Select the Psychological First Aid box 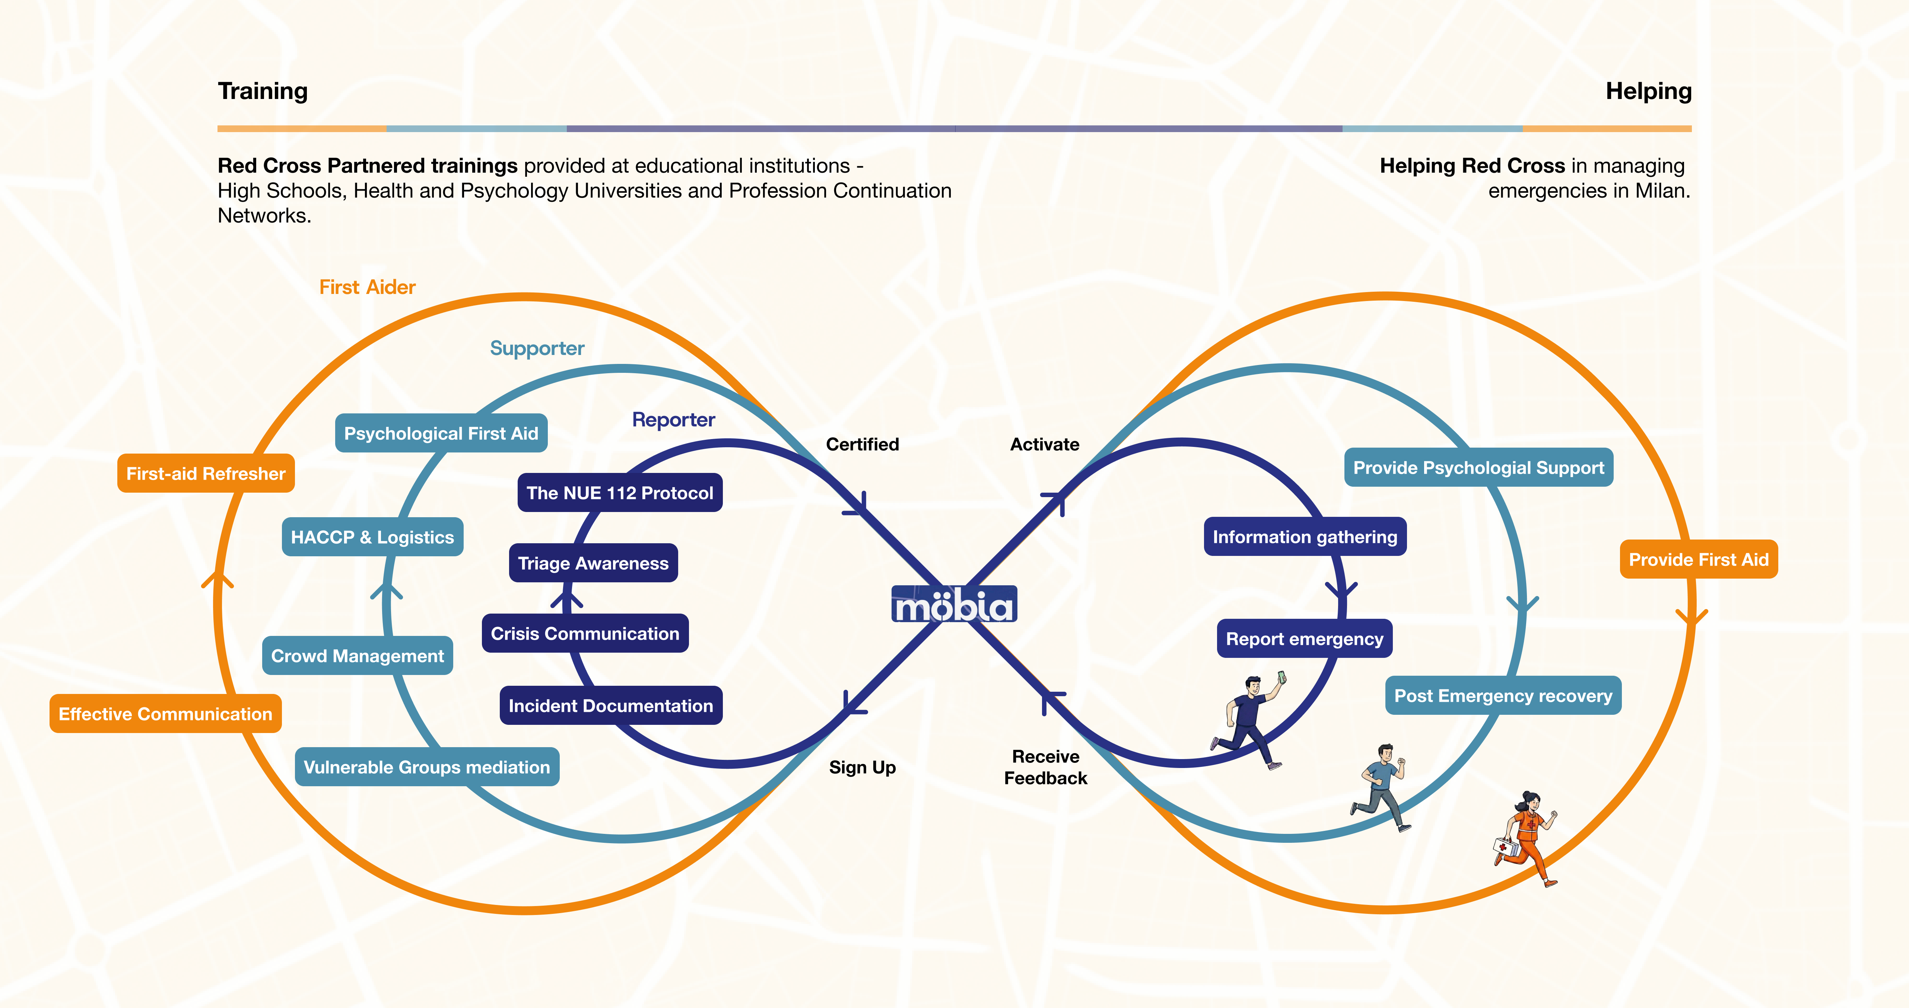point(441,433)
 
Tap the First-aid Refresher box point(206,473)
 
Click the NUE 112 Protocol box point(620,493)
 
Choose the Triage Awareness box point(593,563)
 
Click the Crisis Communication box point(585,633)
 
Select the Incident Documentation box point(611,705)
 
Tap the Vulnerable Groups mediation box point(427,767)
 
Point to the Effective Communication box point(165,713)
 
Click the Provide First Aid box point(1699,559)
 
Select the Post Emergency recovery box point(1503,695)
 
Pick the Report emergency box point(1304,639)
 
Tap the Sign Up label point(862,767)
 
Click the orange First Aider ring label point(367,287)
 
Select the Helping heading point(1648,91)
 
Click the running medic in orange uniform point(1525,837)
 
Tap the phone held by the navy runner point(1281,677)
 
